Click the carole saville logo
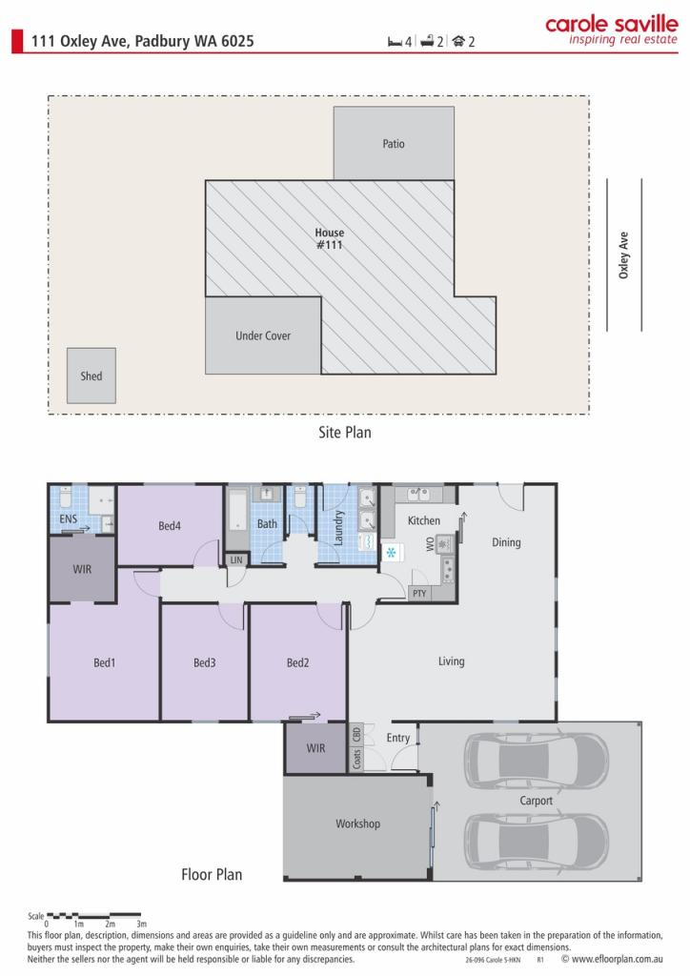[611, 30]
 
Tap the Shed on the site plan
[91, 376]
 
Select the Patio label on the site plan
[394, 144]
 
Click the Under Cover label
[263, 335]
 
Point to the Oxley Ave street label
[624, 255]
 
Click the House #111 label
[330, 238]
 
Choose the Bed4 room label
[170, 525]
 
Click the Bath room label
[267, 523]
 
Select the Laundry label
[338, 528]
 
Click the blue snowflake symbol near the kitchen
[389, 552]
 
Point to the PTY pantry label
[419, 593]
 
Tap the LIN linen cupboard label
[236, 559]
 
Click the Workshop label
[357, 823]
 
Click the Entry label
[398, 738]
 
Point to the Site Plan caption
[345, 432]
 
